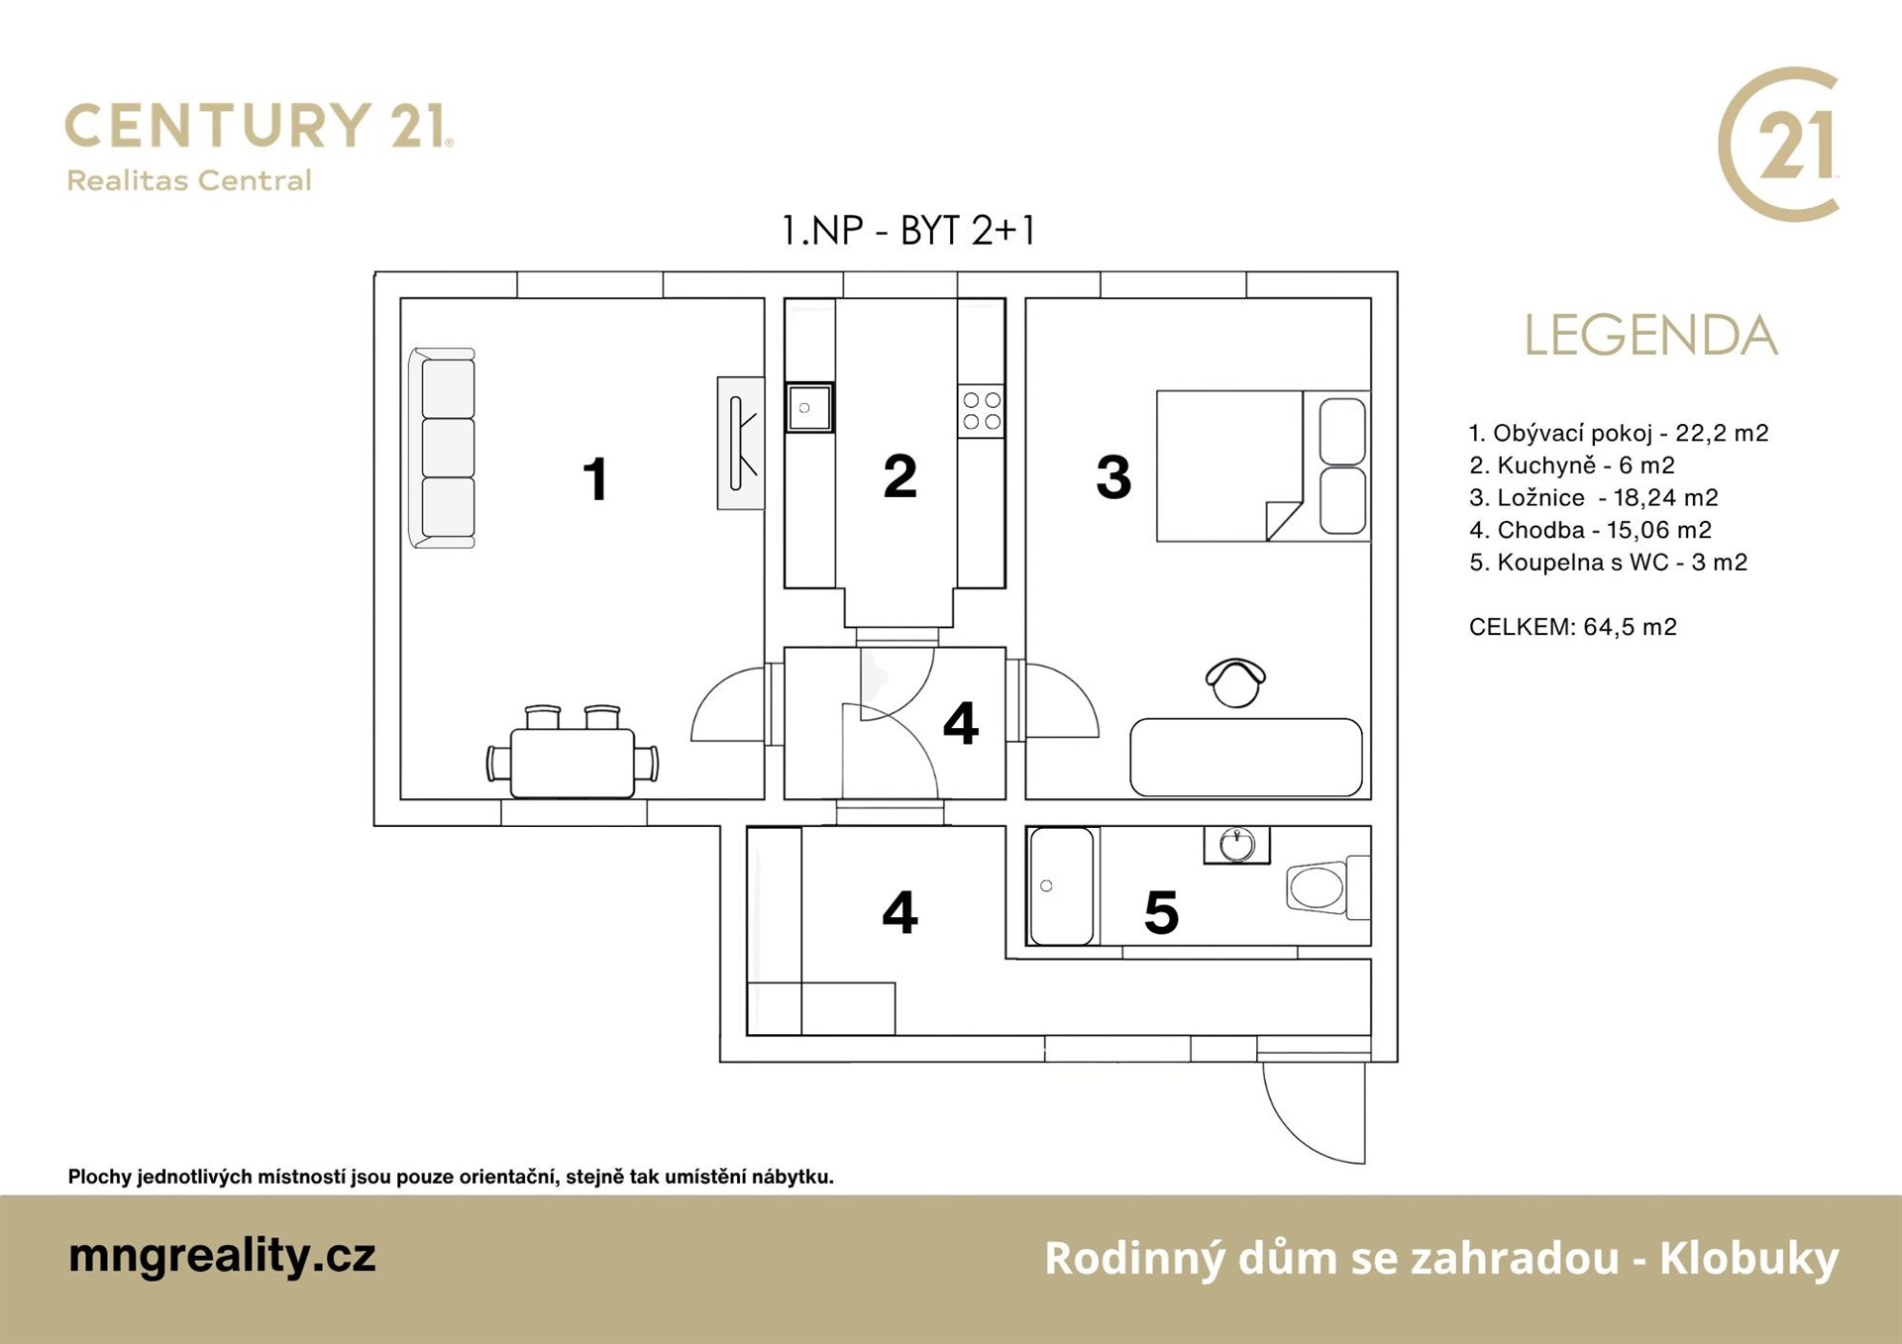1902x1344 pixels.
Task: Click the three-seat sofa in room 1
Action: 442,448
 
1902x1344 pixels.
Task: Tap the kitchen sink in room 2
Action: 809,407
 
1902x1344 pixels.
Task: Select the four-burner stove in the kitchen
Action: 981,410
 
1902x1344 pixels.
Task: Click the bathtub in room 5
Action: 1062,885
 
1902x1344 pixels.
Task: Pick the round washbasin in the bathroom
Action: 1237,845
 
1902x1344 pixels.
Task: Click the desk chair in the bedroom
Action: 1235,682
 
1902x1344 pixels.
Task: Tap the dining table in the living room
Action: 573,763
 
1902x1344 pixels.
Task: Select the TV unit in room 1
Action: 741,443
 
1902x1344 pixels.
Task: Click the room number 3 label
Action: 1113,477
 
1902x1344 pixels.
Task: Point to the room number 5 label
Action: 1161,913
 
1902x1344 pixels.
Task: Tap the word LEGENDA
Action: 1650,336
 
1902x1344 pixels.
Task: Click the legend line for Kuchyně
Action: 1572,465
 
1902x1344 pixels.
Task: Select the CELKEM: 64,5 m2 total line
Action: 1573,627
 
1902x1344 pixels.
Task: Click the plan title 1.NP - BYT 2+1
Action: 908,231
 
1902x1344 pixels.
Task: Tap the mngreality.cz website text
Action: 222,1256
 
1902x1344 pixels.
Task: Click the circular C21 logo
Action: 1779,145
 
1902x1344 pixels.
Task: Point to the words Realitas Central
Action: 189,180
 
